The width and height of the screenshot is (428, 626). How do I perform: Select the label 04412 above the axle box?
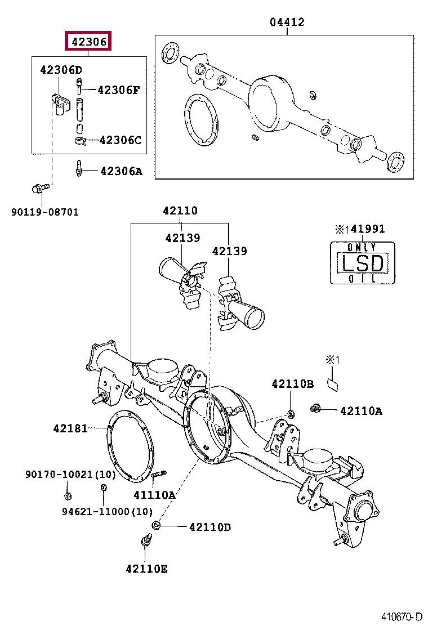coord(287,22)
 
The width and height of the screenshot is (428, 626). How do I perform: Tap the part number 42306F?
coord(118,90)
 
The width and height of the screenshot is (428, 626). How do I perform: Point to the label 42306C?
coord(121,140)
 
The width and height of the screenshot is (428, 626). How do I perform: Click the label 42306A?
coord(121,171)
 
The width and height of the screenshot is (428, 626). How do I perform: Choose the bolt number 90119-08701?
coord(45,212)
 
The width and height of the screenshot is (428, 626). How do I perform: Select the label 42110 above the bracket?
coord(180,211)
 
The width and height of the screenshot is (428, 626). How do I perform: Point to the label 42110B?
coord(292,384)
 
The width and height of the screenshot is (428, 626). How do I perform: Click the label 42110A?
coord(361,411)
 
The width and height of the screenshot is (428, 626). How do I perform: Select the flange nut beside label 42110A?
coord(315,408)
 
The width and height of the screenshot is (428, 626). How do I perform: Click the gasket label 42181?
coord(70,429)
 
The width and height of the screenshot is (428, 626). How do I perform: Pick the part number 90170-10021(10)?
coord(70,475)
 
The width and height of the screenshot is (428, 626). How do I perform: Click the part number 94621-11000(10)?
coord(107,511)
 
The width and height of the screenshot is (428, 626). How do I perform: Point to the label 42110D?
coord(210,527)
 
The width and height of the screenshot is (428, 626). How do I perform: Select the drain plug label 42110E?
coord(146,569)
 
